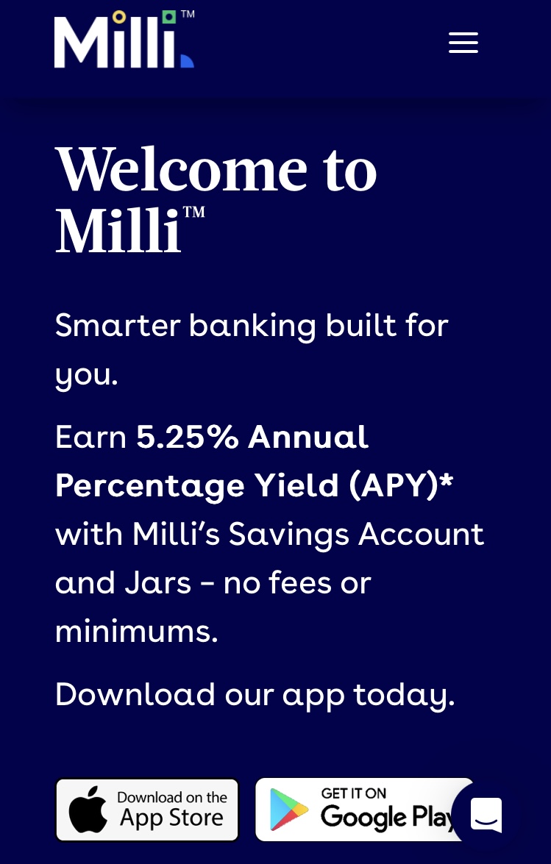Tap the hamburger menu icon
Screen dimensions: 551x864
[x=463, y=43]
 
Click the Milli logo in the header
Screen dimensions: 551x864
[x=124, y=39]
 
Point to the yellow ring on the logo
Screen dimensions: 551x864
[x=119, y=17]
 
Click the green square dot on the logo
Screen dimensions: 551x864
[x=169, y=16]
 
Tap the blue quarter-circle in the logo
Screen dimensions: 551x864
[x=187, y=60]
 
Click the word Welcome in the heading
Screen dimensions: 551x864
[x=181, y=169]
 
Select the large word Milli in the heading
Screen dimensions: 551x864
[x=118, y=229]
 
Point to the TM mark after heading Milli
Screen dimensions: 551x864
[x=194, y=213]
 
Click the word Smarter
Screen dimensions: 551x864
[x=118, y=324]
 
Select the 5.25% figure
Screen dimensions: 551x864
[x=188, y=437]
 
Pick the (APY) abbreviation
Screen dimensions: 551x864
[x=394, y=485]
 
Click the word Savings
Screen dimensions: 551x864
[x=289, y=535]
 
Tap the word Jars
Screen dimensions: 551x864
[x=157, y=583]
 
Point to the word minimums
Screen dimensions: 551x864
[x=137, y=632]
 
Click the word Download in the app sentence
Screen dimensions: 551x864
[x=135, y=693]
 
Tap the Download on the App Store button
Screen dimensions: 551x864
[x=147, y=810]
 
